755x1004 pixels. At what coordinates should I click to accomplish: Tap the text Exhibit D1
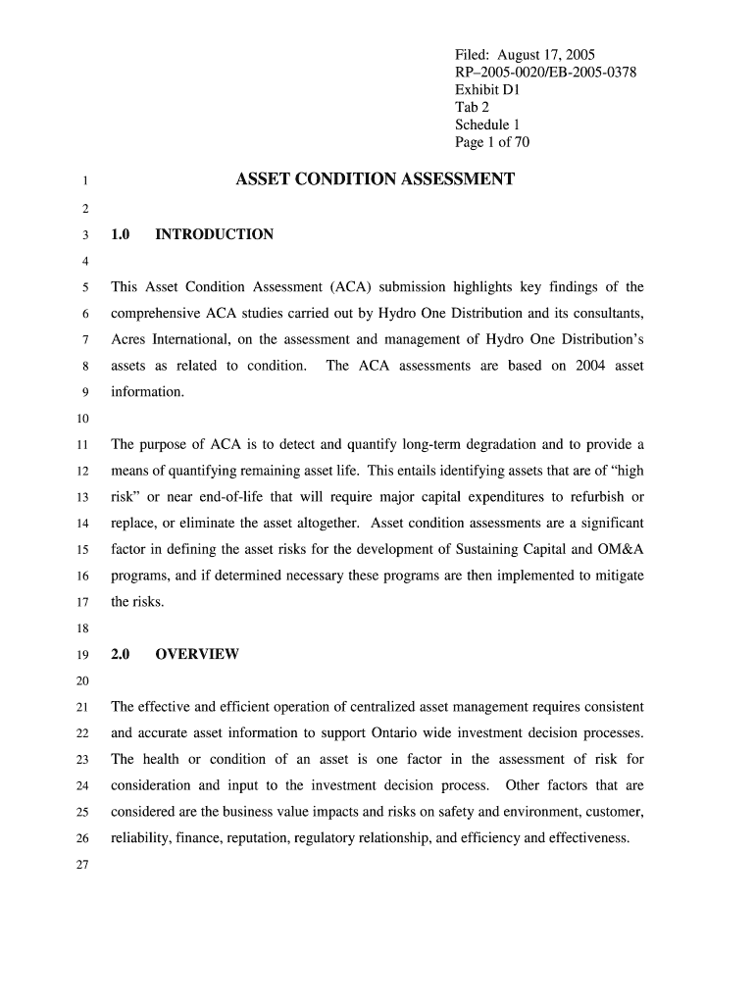[486, 89]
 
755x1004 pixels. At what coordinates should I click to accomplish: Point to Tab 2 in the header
[472, 107]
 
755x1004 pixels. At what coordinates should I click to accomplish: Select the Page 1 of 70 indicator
[492, 142]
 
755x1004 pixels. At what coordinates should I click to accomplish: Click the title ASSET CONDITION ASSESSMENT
[376, 179]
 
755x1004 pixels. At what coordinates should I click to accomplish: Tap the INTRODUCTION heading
[215, 234]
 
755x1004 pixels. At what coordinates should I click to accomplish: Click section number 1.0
[122, 234]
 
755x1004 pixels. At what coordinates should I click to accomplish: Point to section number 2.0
[122, 654]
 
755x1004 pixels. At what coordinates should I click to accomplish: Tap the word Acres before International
[130, 340]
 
